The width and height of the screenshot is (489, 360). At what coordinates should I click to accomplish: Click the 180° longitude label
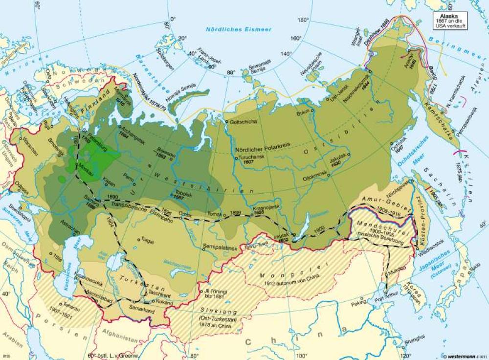pos(304,20)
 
